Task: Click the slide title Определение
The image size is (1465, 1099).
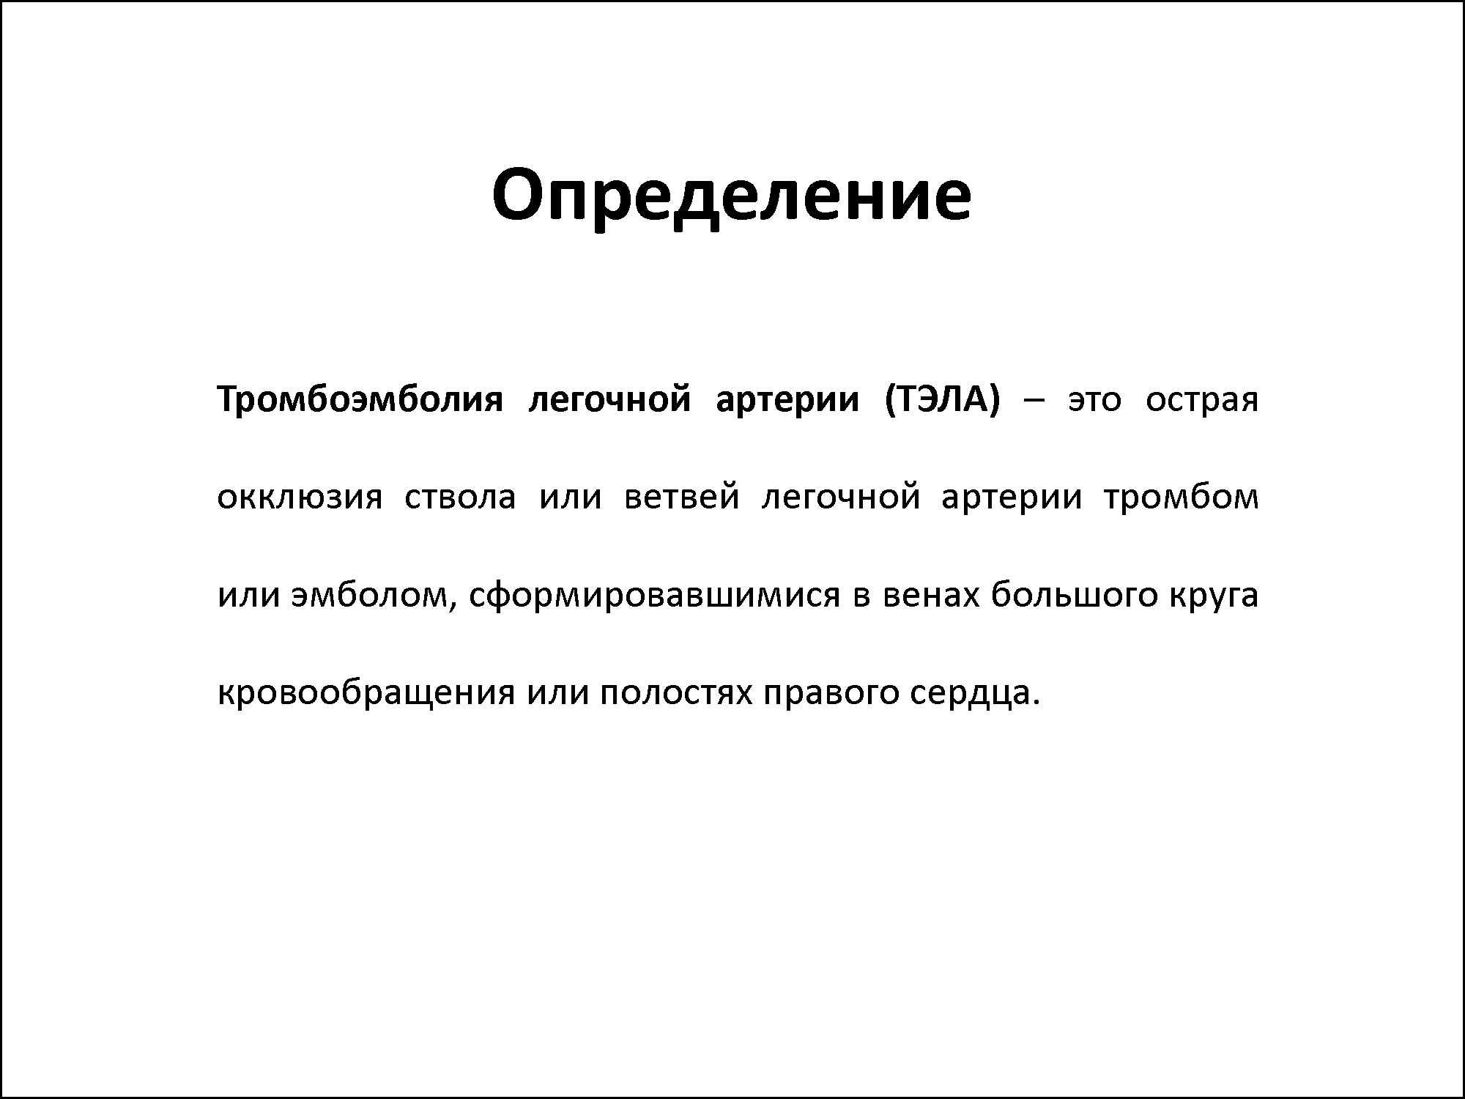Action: [x=732, y=196]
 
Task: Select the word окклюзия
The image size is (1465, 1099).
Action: [x=300, y=498]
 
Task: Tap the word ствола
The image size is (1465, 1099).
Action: [x=460, y=498]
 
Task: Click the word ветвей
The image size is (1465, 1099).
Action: [x=681, y=495]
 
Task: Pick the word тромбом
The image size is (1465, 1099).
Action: [x=1181, y=497]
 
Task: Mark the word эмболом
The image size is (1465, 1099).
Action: [x=368, y=597]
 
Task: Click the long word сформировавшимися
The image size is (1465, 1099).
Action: [x=653, y=596]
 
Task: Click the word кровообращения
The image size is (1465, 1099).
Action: [x=366, y=693]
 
